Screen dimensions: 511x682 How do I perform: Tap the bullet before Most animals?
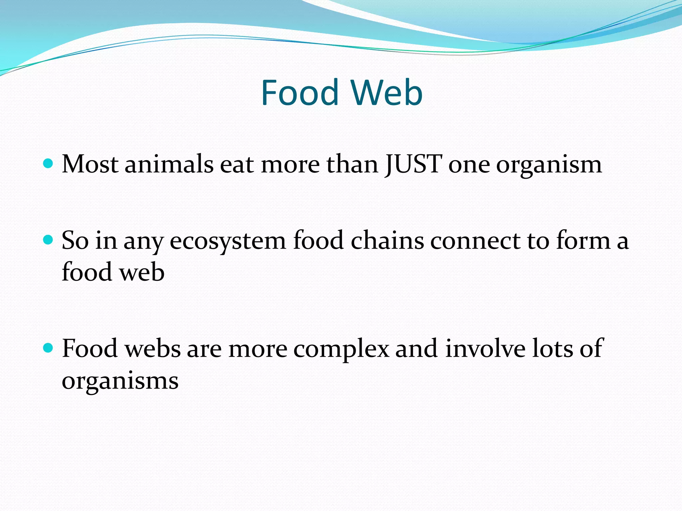point(49,163)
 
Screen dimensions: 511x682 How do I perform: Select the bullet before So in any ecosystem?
point(49,240)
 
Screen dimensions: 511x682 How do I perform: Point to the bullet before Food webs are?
point(49,348)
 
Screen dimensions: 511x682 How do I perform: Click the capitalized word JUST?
point(413,164)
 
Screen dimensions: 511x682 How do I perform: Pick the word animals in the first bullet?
point(169,164)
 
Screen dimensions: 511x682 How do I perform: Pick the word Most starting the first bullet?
point(90,164)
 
